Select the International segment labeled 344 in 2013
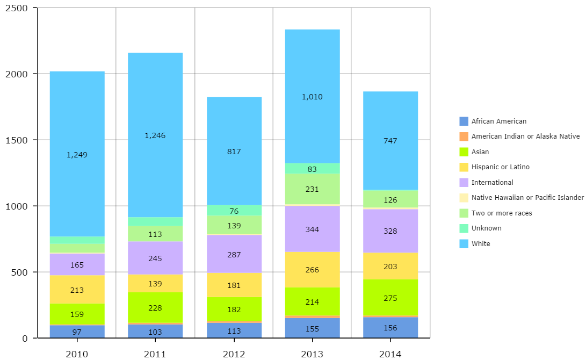click(x=312, y=229)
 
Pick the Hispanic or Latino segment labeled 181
click(x=234, y=285)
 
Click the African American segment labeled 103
click(x=155, y=331)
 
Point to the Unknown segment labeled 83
click(x=312, y=169)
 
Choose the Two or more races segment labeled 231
click(x=312, y=189)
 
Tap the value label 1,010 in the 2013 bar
click(x=312, y=97)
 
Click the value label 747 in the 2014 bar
click(x=390, y=141)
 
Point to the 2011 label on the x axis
click(x=155, y=354)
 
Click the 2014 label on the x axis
click(x=390, y=354)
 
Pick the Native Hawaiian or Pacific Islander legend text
click(x=527, y=198)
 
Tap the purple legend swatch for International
click(x=464, y=183)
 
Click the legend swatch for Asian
click(x=464, y=152)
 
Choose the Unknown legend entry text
click(x=486, y=228)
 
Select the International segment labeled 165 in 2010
click(x=77, y=264)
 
